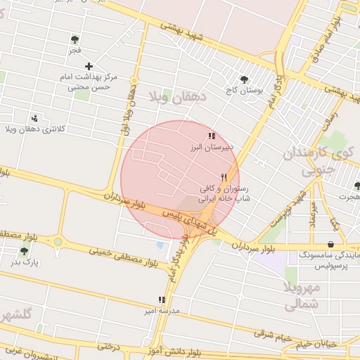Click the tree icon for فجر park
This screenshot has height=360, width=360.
tap(75, 39)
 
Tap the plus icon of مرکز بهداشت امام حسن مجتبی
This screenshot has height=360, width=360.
tap(89, 65)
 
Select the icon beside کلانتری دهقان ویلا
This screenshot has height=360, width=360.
tap(34, 118)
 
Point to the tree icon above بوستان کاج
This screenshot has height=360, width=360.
tap(244, 79)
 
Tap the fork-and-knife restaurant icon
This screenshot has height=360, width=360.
tap(224, 177)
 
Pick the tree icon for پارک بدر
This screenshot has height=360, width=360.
tap(25, 251)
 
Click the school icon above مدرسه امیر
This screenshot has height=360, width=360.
tap(162, 299)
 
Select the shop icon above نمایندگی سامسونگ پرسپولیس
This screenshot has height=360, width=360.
tap(330, 244)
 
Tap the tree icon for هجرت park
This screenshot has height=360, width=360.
tap(357, 186)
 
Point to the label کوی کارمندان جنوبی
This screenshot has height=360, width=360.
tap(321, 160)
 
